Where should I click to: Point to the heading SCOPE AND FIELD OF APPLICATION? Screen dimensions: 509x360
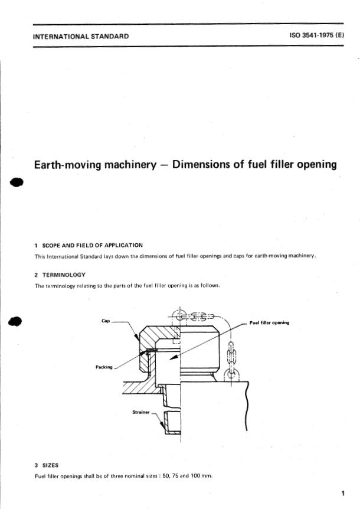click(x=92, y=245)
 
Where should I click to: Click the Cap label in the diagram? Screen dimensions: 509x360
click(x=106, y=321)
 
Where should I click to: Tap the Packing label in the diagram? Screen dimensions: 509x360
click(x=104, y=367)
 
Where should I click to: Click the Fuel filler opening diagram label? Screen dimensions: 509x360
click(x=269, y=322)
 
